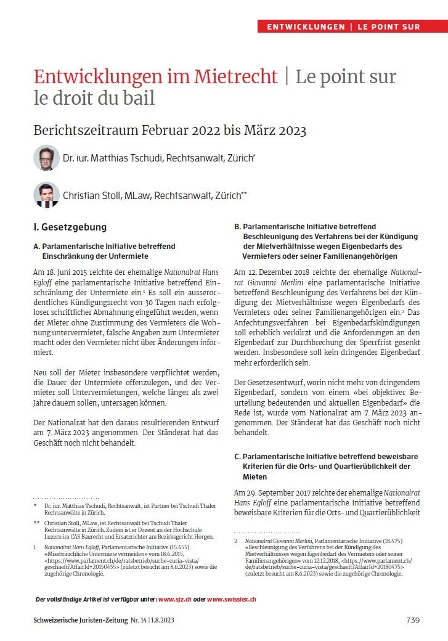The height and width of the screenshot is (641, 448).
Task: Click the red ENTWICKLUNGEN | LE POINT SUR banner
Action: pyautogui.click(x=352, y=27)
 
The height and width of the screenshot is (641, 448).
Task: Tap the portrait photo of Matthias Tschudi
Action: pyautogui.click(x=46, y=158)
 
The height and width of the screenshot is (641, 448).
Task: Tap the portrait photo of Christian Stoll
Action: pyautogui.click(x=46, y=195)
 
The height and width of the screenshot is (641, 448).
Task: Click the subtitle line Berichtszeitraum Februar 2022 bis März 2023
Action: pyautogui.click(x=169, y=131)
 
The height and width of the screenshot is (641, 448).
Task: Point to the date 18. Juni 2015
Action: pyautogui.click(x=71, y=272)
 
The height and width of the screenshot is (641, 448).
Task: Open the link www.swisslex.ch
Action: pyautogui.click(x=231, y=598)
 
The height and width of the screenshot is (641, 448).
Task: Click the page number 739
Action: pyautogui.click(x=413, y=619)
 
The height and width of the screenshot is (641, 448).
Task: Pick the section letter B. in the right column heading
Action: pyautogui.click(x=237, y=227)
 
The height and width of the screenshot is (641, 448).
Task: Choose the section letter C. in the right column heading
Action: pyautogui.click(x=237, y=456)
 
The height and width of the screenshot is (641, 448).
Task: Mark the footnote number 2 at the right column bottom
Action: pyautogui.click(x=236, y=541)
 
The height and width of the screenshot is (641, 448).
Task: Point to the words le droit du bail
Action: pyautogui.click(x=94, y=97)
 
